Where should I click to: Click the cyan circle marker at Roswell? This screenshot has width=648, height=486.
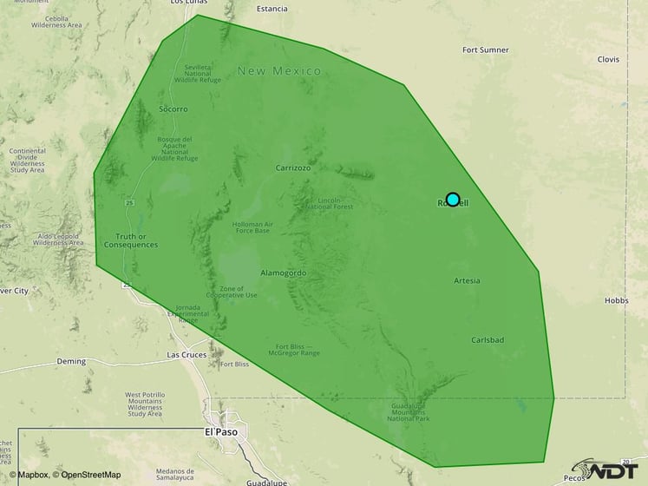(452, 199)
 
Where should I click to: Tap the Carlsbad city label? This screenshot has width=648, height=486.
(488, 340)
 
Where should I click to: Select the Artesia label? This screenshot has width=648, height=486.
(467, 280)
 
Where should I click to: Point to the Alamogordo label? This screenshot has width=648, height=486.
(284, 273)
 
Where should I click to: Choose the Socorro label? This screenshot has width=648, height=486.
(173, 109)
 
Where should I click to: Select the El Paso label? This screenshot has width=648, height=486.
(221, 430)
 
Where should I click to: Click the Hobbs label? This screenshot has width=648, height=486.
(616, 301)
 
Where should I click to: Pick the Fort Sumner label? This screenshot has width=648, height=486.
(486, 49)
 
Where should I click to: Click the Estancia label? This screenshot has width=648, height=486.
(272, 9)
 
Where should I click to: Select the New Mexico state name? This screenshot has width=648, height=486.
(279, 70)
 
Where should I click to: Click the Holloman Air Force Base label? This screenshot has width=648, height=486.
(252, 227)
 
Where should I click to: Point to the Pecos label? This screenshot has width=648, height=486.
(574, 478)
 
